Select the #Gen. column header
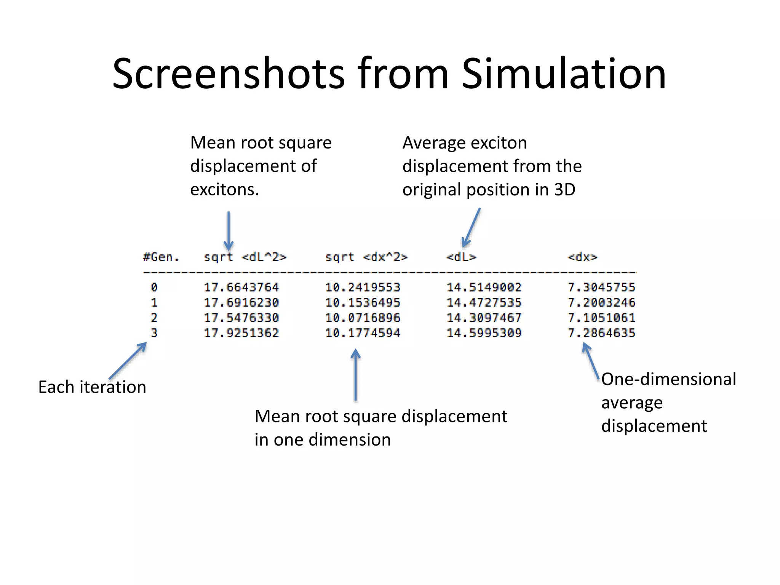pos(161,257)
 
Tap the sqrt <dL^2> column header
pos(245,257)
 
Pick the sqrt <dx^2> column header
pos(366,257)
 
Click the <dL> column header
pos(461,257)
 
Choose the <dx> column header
pos(582,257)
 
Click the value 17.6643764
pos(241,287)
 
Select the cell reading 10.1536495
pos(363,302)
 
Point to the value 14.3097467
pos(484,318)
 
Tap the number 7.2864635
pos(601,333)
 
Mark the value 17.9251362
pos(241,333)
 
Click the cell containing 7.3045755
pos(601,287)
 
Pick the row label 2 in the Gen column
pos(154,318)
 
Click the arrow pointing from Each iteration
pos(128,360)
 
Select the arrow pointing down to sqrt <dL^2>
pos(229,230)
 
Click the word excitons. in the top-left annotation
pos(224,189)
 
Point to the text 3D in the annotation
pos(564,189)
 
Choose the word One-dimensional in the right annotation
pos(668,379)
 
